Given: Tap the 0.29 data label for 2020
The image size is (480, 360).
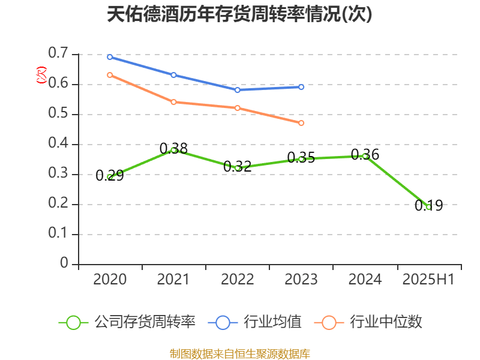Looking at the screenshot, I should click(110, 176).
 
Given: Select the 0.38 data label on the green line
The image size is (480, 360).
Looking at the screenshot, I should click(173, 148).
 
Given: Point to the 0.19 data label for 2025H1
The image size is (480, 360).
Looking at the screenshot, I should click(428, 206).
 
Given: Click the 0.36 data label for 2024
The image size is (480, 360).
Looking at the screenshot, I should click(365, 155).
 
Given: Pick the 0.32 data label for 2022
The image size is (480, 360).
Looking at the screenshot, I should click(238, 167).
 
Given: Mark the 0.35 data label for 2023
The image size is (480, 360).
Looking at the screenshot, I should click(301, 158).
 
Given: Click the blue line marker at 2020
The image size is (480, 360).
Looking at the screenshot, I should click(110, 57).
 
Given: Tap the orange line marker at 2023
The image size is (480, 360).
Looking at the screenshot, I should click(301, 123).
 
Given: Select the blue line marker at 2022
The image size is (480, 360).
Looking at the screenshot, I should click(238, 90).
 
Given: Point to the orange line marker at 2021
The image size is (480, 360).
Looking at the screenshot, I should click(173, 102).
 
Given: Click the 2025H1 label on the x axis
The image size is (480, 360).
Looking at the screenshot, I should click(428, 280).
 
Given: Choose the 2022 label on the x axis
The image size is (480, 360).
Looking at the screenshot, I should click(238, 280).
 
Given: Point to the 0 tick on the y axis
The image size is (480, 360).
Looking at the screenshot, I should click(65, 264).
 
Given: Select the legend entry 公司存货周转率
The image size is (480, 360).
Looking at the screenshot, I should click(127, 322).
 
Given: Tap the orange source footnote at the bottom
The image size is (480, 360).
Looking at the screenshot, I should click(239, 353).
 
